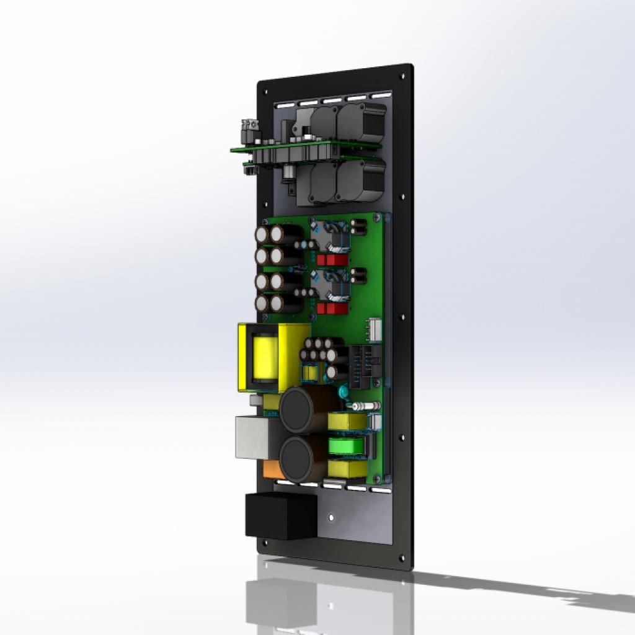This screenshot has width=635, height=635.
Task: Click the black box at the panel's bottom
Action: coord(281,515)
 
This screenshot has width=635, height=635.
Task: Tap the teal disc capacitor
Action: coord(343,393)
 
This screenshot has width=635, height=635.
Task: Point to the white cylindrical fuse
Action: coord(365,406)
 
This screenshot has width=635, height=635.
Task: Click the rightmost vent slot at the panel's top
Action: coord(380,96)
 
